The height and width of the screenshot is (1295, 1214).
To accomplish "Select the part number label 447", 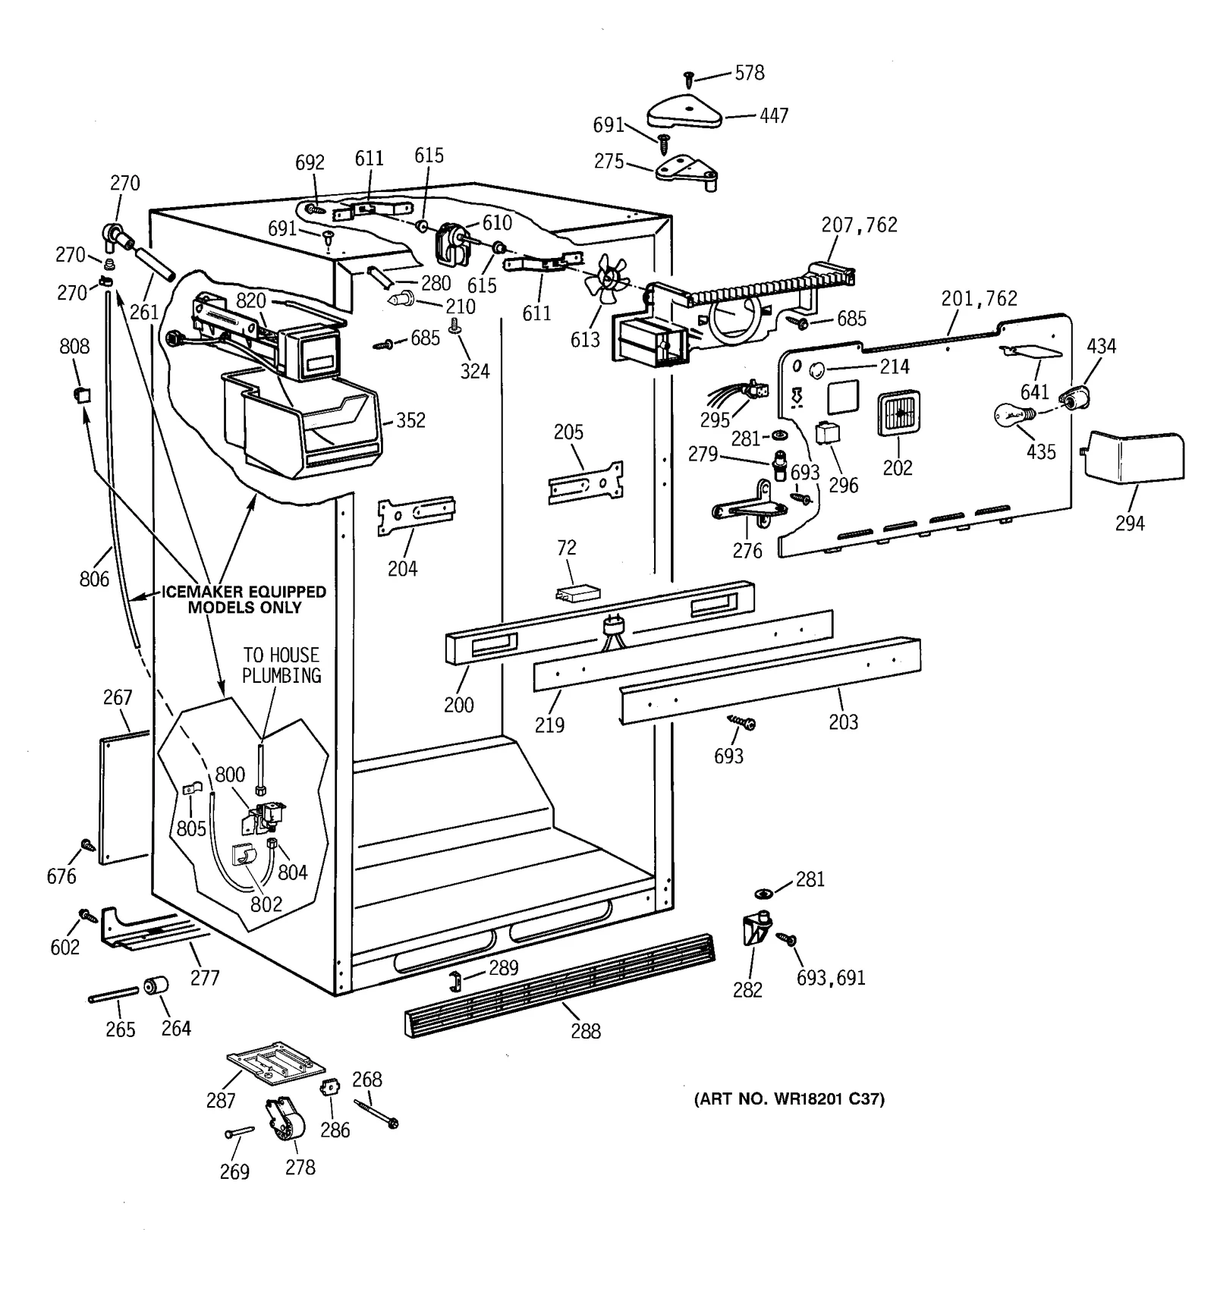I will pyautogui.click(x=774, y=115).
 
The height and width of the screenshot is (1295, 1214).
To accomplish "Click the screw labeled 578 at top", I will pyautogui.click(x=689, y=77).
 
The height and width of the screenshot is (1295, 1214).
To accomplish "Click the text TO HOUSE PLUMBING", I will pyautogui.click(x=281, y=665).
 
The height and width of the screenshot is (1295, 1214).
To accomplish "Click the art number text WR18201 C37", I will pyautogui.click(x=789, y=1099).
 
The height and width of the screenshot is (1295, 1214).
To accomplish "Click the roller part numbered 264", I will pyautogui.click(x=157, y=986).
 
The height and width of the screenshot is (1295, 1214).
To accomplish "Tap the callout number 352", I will pyautogui.click(x=410, y=420).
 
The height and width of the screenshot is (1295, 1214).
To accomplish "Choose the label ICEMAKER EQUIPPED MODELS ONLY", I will pyautogui.click(x=244, y=599).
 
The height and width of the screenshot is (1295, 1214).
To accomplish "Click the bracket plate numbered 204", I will pyautogui.click(x=417, y=516).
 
